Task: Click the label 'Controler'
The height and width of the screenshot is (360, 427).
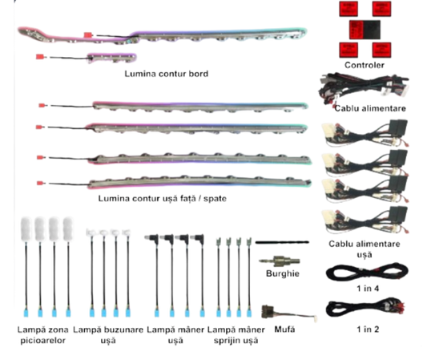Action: [x=364, y=65]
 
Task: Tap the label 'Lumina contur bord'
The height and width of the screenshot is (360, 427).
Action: [x=167, y=74]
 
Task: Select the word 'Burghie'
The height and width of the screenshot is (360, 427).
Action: [x=283, y=273]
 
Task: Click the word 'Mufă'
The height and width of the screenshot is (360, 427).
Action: [x=284, y=330]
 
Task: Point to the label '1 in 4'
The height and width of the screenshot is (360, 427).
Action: [x=368, y=289]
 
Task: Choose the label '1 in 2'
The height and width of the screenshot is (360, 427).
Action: [x=368, y=330]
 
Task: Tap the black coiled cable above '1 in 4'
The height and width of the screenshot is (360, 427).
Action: [x=367, y=273]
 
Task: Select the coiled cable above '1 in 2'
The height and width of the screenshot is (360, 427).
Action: [x=365, y=308]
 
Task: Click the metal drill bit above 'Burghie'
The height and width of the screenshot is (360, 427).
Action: [x=280, y=261]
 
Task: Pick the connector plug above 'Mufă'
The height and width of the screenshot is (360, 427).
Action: [x=289, y=313]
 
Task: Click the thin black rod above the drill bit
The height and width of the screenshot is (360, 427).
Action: [x=282, y=242]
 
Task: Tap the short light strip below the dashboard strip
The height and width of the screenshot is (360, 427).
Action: [x=111, y=58]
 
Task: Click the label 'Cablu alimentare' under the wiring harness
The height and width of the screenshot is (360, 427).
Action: [x=370, y=108]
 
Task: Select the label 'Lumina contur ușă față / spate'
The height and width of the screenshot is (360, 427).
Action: [x=163, y=198]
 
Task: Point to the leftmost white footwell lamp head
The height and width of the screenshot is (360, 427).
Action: [x=26, y=229]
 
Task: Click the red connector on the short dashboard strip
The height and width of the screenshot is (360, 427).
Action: [x=40, y=57]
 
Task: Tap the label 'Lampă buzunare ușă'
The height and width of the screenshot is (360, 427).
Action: [x=108, y=335]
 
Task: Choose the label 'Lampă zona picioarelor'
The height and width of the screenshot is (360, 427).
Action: [x=42, y=335]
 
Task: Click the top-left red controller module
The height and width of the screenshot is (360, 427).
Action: [x=348, y=9]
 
